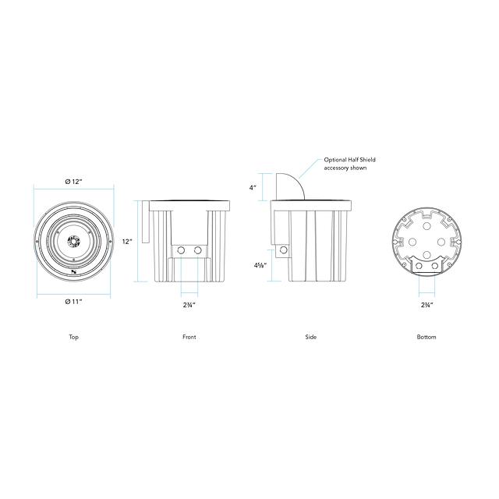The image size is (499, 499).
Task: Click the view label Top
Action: [73, 337]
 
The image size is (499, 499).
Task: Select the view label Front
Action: [189, 337]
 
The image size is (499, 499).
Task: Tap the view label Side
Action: [310, 337]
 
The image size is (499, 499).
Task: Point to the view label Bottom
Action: [426, 337]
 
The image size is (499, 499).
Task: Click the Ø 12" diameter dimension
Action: [73, 182]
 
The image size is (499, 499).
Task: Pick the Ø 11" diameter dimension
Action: [73, 302]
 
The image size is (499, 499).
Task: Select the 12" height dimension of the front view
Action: [127, 241]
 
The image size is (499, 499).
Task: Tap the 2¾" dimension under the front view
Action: [189, 305]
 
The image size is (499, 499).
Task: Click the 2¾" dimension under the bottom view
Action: [427, 305]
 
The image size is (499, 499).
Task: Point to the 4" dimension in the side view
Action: [253, 188]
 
